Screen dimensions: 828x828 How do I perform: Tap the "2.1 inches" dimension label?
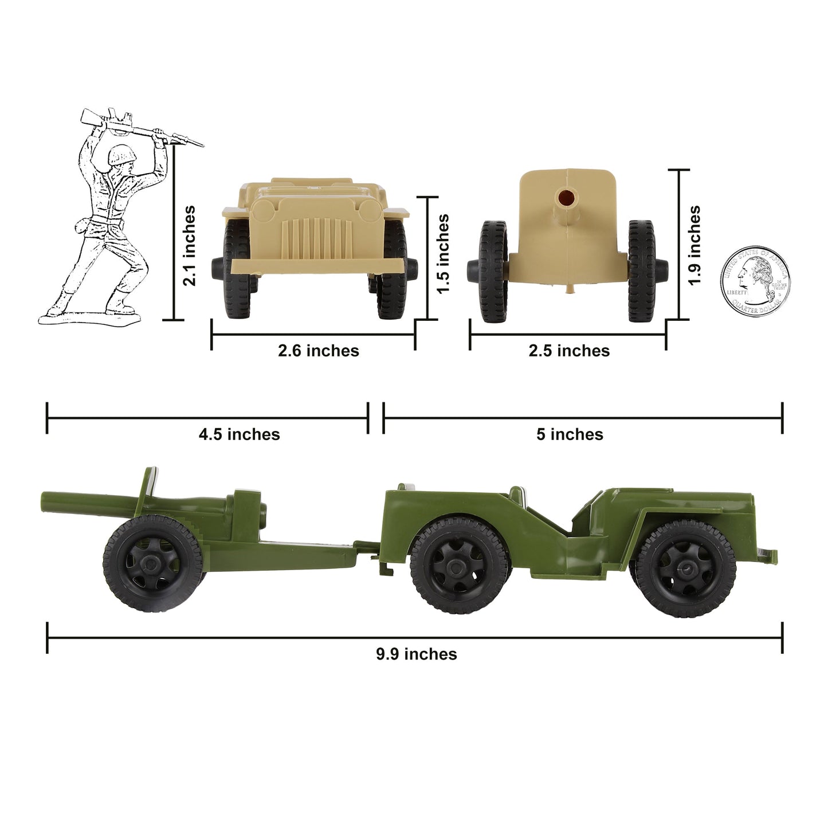click(189, 246)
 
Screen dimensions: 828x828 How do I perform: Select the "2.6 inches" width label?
click(319, 351)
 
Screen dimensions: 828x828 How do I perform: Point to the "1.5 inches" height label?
click(442, 254)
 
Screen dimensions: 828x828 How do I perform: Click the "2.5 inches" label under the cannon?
click(569, 351)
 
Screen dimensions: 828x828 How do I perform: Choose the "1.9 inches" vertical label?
click(694, 245)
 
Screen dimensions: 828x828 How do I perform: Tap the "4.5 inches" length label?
click(240, 434)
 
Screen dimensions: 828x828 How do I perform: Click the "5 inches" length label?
click(570, 434)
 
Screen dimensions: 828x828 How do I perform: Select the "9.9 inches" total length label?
click(417, 654)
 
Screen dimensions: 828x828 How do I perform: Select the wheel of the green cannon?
click(153, 563)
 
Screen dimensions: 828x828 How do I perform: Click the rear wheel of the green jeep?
click(460, 566)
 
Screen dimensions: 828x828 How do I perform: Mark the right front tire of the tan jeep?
click(392, 269)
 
